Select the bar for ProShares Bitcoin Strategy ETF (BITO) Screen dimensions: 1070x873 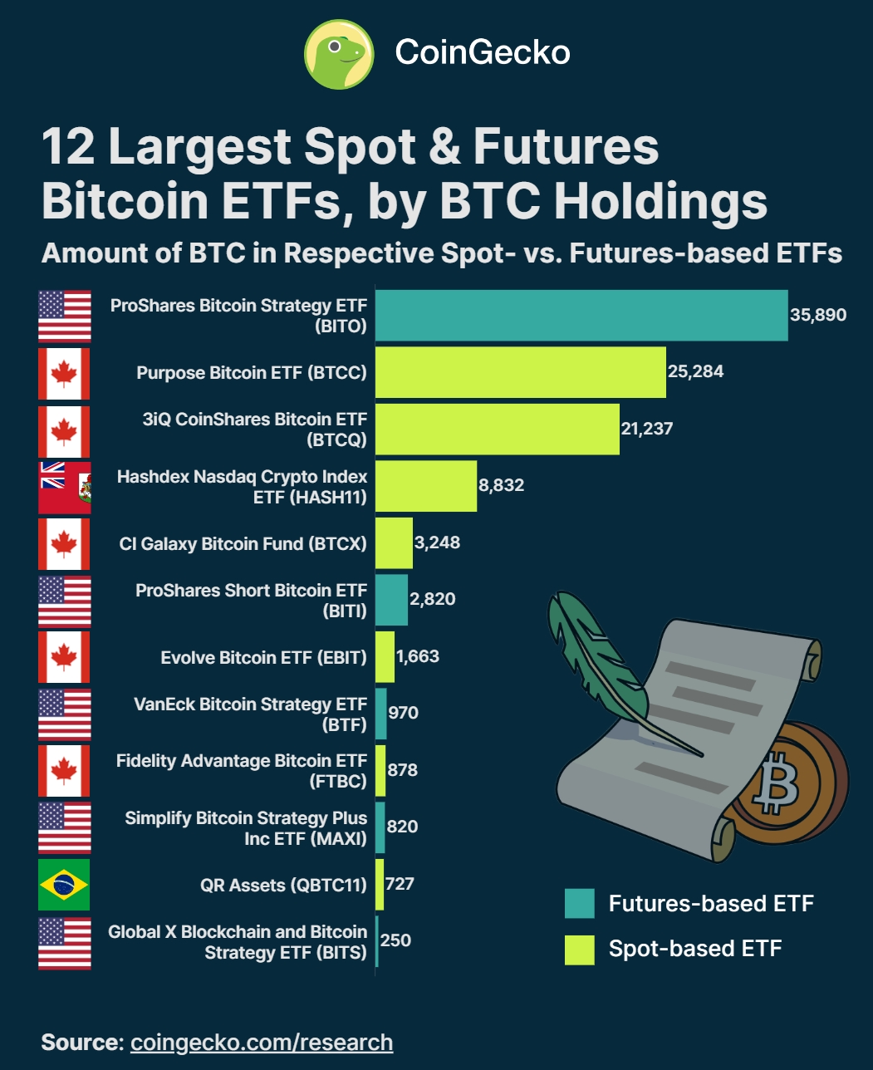click(581, 316)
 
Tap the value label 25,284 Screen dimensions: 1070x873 click(695, 371)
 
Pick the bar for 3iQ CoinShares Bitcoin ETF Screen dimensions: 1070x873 click(498, 429)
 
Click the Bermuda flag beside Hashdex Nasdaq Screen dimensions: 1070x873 click(64, 487)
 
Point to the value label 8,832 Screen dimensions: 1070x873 click(501, 485)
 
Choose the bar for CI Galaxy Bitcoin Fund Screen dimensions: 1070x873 click(395, 543)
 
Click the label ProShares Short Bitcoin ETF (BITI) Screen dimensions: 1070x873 click(251, 600)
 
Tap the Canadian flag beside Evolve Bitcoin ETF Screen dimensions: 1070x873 click(64, 657)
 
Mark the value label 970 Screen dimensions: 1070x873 click(403, 713)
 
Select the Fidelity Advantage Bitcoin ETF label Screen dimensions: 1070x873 click(241, 770)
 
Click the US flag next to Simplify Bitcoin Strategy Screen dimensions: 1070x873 click(64, 827)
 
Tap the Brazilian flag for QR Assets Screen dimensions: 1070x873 click(64, 885)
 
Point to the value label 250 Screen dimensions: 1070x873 click(395, 940)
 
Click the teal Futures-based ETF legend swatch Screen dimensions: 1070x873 click(579, 904)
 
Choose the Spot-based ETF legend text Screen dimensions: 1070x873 click(695, 949)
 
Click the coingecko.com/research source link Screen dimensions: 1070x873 click(262, 1043)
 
